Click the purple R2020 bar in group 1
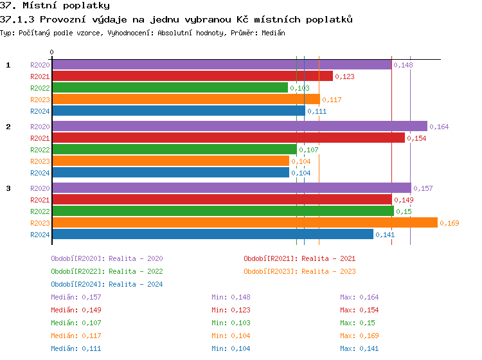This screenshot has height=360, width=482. [222, 65]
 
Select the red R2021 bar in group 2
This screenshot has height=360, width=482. [228, 138]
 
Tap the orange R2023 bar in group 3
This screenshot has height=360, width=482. [244, 222]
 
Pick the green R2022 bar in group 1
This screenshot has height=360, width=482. [170, 88]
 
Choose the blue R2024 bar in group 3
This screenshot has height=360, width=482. [212, 234]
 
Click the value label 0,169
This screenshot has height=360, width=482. [450, 223]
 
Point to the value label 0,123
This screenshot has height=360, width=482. [345, 76]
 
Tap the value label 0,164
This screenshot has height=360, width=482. [439, 127]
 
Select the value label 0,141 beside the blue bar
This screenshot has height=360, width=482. [385, 235]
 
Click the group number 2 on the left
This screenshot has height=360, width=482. [8, 127]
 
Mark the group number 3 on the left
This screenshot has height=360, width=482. [8, 188]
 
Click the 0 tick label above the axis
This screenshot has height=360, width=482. [52, 52]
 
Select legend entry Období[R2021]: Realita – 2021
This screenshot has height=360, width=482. [299, 258]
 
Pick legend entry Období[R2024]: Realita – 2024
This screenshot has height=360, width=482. [107, 284]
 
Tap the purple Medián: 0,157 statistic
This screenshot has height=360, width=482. [76, 297]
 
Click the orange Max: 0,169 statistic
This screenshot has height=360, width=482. [359, 336]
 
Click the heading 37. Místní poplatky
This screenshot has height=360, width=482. [55, 5]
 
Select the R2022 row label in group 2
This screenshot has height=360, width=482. [40, 150]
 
